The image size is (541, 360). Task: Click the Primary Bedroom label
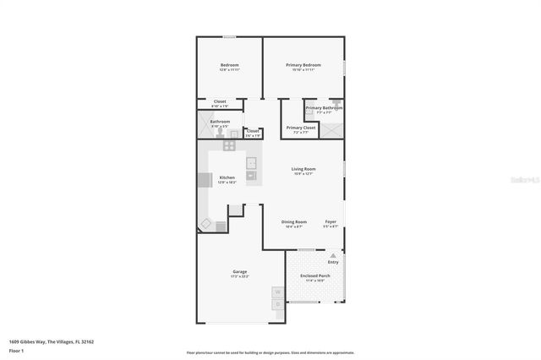(303, 65)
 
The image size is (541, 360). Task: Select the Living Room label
(303, 170)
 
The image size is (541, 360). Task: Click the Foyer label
(331, 222)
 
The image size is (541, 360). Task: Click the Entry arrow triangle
(332, 254)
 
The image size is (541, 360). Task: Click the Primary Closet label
(301, 128)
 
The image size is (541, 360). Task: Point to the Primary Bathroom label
(324, 108)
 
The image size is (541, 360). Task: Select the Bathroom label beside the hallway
(220, 122)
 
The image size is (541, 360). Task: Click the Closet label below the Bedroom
(220, 101)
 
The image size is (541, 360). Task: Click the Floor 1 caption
(17, 350)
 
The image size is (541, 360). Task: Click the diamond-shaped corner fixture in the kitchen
(205, 224)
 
